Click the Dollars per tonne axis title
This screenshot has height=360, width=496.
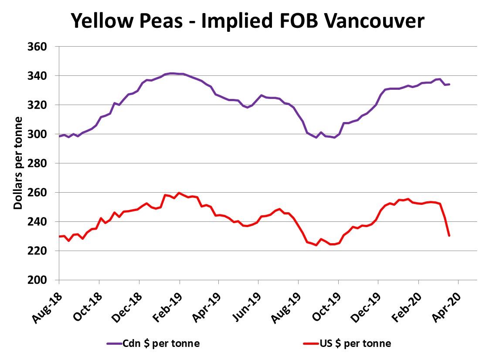18,163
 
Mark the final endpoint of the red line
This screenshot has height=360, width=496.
449,236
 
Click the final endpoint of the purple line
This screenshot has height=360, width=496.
449,84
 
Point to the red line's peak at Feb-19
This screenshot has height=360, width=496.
179,193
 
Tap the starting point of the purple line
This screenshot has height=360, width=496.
59,136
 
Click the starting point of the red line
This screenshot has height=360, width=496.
59,236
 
